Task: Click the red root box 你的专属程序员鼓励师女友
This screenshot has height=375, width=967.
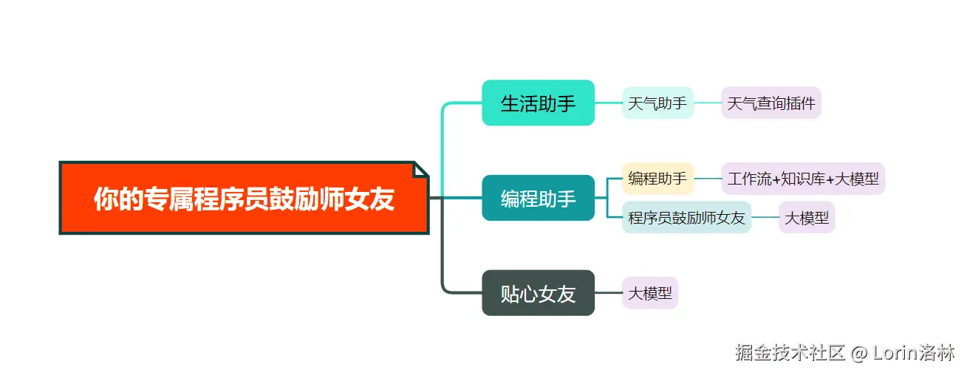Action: (244, 198)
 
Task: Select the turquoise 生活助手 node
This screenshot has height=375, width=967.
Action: (538, 103)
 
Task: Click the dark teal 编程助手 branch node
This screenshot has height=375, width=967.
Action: (538, 198)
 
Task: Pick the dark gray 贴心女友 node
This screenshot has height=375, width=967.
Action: (538, 293)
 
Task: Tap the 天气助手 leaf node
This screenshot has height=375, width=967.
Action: (657, 103)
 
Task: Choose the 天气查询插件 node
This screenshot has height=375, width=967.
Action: (771, 103)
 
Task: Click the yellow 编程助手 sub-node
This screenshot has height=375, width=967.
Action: (657, 178)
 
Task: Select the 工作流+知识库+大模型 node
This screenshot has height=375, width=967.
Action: (803, 179)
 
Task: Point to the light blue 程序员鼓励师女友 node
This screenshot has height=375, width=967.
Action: (686, 217)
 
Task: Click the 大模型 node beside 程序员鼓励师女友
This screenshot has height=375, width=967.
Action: (806, 217)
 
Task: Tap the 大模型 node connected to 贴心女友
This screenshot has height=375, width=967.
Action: (650, 293)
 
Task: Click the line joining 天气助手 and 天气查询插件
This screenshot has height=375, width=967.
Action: (708, 103)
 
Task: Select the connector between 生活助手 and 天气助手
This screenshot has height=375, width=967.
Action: (608, 103)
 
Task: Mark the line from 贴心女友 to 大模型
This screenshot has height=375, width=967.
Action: (608, 293)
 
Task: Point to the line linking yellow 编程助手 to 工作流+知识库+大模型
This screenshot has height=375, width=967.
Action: (708, 179)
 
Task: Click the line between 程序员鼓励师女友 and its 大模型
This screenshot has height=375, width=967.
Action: (765, 217)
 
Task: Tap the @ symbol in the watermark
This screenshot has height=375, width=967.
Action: (858, 353)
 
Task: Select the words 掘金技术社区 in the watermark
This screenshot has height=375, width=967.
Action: (789, 353)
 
